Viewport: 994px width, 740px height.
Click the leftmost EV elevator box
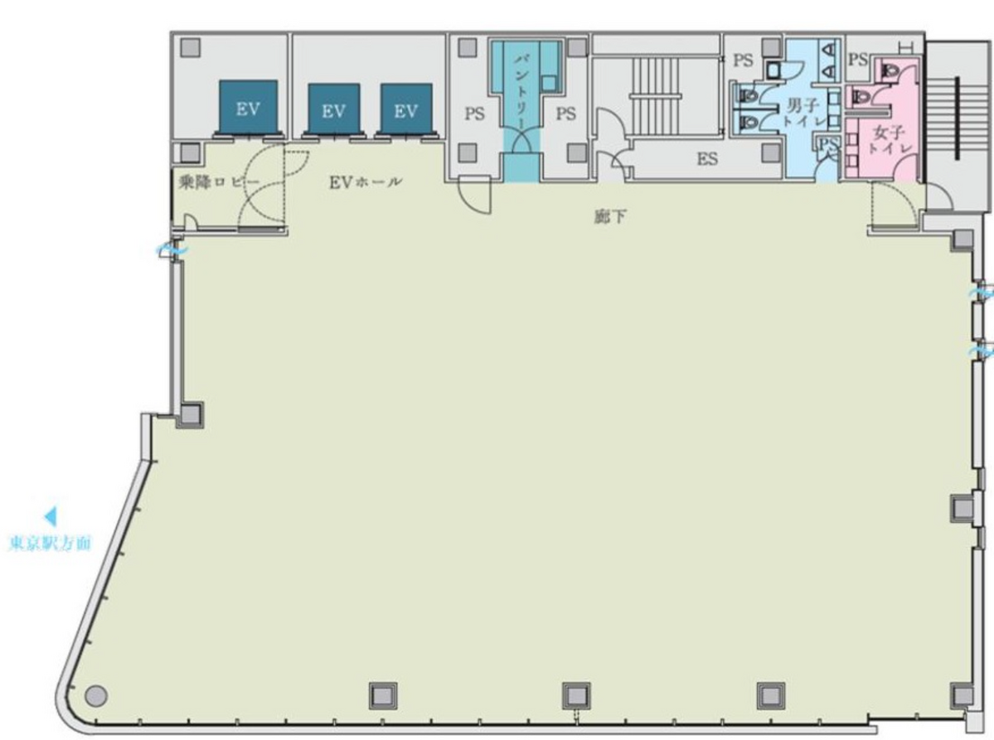[248, 106]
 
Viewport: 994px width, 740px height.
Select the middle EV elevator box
[333, 109]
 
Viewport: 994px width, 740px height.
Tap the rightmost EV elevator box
[406, 109]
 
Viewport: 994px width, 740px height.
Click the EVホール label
[365, 182]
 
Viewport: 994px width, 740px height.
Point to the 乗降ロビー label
[220, 183]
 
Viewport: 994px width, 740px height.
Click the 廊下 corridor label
[610, 216]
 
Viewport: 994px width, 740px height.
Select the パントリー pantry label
[523, 91]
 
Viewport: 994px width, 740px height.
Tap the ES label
[707, 158]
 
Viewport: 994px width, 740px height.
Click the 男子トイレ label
[804, 112]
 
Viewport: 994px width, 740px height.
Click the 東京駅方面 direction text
[50, 543]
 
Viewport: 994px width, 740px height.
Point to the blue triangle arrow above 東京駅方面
[50, 516]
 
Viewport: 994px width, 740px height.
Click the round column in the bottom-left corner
[95, 695]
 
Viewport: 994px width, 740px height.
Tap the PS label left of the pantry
[474, 114]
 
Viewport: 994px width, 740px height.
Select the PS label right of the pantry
[565, 114]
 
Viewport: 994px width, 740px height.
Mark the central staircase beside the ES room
[656, 95]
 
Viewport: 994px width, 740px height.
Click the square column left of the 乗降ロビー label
[190, 152]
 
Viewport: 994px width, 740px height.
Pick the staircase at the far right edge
[958, 117]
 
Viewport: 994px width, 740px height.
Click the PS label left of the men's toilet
[743, 60]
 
